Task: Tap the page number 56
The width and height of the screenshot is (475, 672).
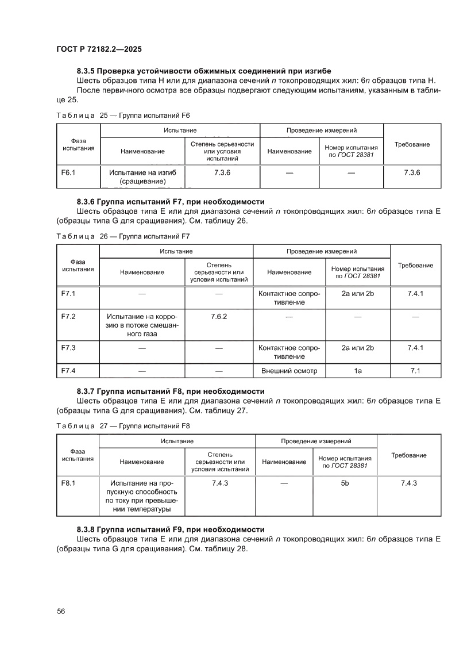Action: [x=61, y=611]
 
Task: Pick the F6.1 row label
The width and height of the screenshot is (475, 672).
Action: [x=69, y=172]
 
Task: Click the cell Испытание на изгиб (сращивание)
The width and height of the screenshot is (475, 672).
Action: [x=142, y=177]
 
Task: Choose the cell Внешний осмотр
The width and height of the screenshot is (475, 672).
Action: [x=289, y=371]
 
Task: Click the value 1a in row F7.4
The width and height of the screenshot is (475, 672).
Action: [x=357, y=371]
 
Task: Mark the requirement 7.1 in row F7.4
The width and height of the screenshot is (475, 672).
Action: [x=415, y=371]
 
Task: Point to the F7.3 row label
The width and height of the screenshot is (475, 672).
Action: [x=68, y=348]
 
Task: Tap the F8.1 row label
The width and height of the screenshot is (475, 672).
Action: [x=68, y=483]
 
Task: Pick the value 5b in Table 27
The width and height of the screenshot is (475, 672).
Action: [x=345, y=483]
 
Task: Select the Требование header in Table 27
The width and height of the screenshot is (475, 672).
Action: [x=408, y=455]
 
